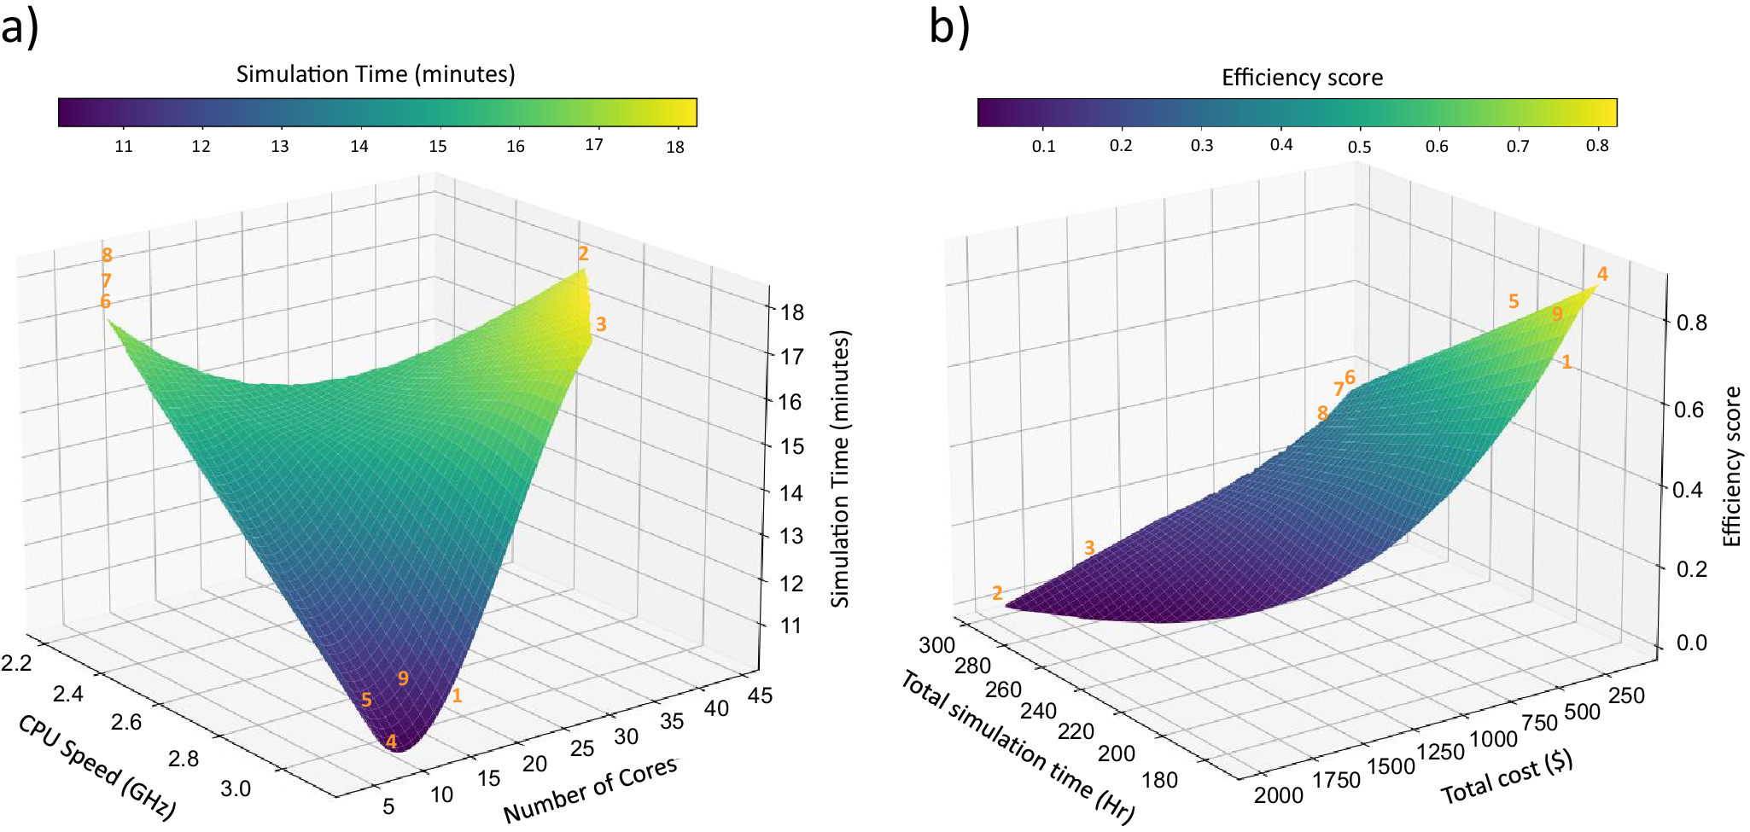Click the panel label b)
(x=948, y=28)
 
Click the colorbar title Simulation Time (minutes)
(x=376, y=74)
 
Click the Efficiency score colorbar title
(x=1302, y=78)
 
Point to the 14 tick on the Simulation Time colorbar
(x=359, y=146)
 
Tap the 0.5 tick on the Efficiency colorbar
(x=1359, y=147)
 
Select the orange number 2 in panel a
(x=583, y=253)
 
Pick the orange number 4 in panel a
(x=391, y=742)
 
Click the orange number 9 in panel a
(x=403, y=678)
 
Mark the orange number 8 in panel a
(x=107, y=254)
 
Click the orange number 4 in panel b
(x=1602, y=274)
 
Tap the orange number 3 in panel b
(x=1089, y=548)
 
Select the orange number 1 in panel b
(x=1566, y=363)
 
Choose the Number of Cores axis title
(x=591, y=789)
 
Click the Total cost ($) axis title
(x=1507, y=778)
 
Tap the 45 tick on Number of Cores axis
(x=759, y=695)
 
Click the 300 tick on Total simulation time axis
(x=936, y=645)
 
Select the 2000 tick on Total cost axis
(x=1278, y=795)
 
